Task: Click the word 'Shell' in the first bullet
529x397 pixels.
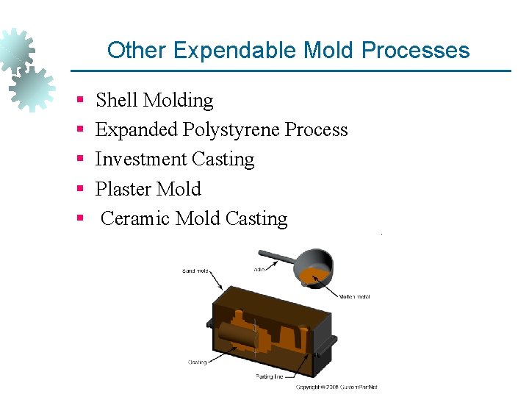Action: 116,100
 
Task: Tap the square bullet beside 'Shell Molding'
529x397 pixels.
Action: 79,99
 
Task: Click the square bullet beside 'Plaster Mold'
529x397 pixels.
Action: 79,188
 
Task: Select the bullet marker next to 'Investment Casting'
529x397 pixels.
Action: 79,159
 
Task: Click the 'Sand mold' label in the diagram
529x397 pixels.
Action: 196,271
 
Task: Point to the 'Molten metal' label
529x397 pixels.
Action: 354,297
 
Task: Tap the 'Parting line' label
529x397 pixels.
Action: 269,377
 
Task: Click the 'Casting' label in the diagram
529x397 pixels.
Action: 197,362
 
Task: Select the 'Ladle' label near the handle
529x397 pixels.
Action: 259,270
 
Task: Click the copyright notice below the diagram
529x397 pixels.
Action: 336,387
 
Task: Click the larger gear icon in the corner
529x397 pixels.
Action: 32,87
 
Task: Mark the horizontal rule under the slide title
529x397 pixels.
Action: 290,71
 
